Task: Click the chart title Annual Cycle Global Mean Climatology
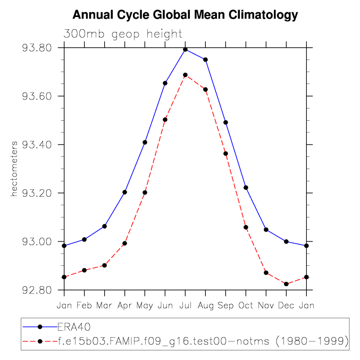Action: tap(185, 15)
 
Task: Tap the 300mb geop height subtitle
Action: tap(123, 34)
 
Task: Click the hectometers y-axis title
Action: tap(15, 169)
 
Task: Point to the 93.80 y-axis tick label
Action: tap(37, 48)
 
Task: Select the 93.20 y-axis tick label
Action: tap(37, 194)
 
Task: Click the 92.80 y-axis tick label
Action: tap(37, 290)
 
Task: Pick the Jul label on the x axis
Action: tap(185, 305)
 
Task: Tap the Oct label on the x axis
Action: tap(246, 305)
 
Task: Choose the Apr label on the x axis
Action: tap(124, 305)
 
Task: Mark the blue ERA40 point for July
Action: tap(185, 49)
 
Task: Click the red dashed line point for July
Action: tap(185, 75)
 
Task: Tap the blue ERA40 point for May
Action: tap(145, 143)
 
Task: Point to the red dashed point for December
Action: tap(286, 284)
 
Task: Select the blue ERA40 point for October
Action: tap(246, 187)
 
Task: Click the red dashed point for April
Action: tap(124, 244)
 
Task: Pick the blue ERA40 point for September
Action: tap(225, 122)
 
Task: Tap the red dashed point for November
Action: tap(266, 273)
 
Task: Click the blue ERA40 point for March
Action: tap(104, 227)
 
